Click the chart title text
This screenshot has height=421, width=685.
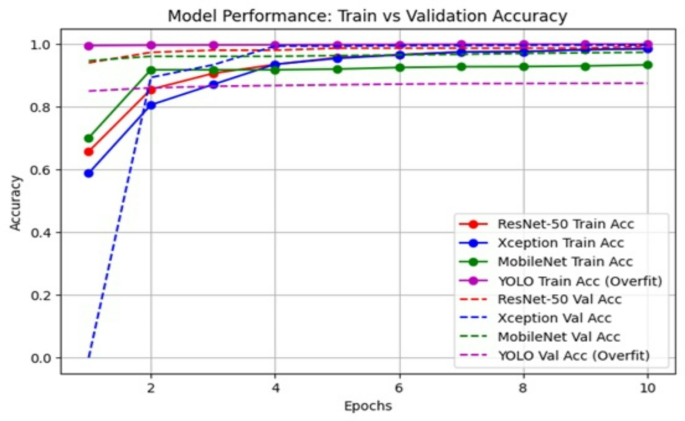tap(367, 16)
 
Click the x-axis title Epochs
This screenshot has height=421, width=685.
tap(367, 406)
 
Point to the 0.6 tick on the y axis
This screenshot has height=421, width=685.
tap(44, 170)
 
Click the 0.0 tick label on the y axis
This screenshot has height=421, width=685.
tap(44, 358)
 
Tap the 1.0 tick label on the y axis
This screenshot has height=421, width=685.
tap(44, 45)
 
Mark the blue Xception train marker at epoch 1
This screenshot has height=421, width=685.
tap(89, 173)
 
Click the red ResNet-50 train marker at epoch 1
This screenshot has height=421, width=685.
tap(89, 152)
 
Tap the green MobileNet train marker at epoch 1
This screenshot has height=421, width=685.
tap(89, 138)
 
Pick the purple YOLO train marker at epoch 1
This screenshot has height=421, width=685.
tap(89, 46)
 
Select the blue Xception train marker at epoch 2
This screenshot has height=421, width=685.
tap(151, 105)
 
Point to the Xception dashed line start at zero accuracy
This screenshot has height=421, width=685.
tap(89, 357)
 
